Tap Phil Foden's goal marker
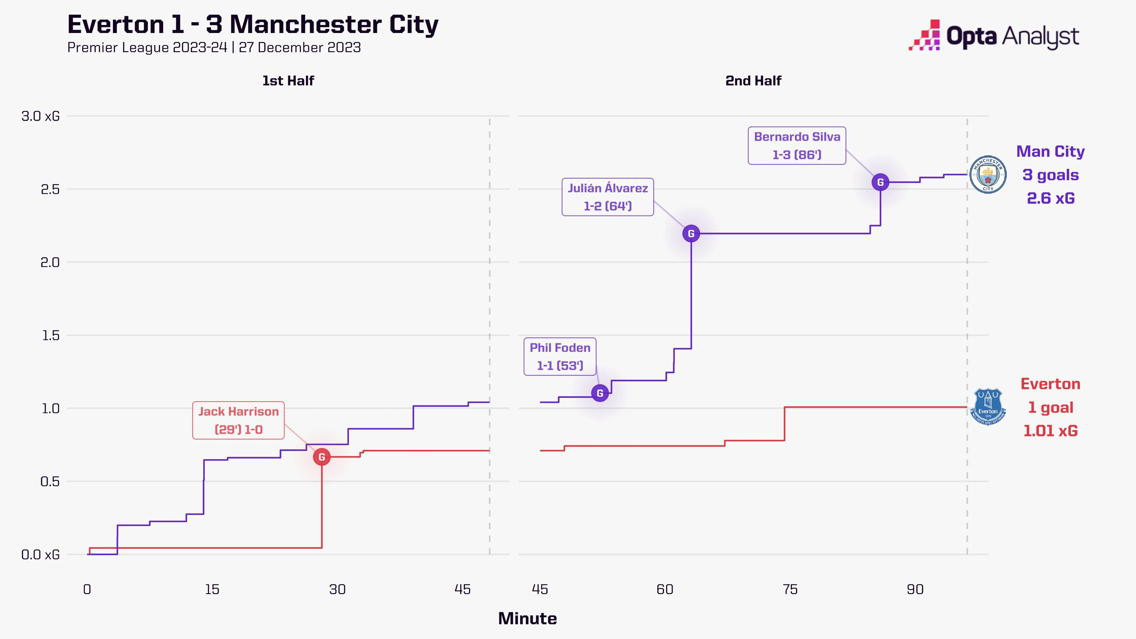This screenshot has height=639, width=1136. click(x=600, y=393)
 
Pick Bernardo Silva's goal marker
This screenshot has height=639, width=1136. click(x=880, y=182)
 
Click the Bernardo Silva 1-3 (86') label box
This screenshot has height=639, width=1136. click(x=797, y=146)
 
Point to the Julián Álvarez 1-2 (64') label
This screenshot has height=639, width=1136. click(x=607, y=197)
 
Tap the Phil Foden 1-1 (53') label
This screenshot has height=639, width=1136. click(x=560, y=357)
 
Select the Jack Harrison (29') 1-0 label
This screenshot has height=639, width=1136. click(x=238, y=420)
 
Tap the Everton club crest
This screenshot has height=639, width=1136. click(x=988, y=407)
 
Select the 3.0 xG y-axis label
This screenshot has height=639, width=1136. click(x=40, y=116)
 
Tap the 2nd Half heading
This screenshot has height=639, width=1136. click(x=753, y=81)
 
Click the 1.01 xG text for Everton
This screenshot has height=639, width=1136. click(x=1051, y=430)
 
